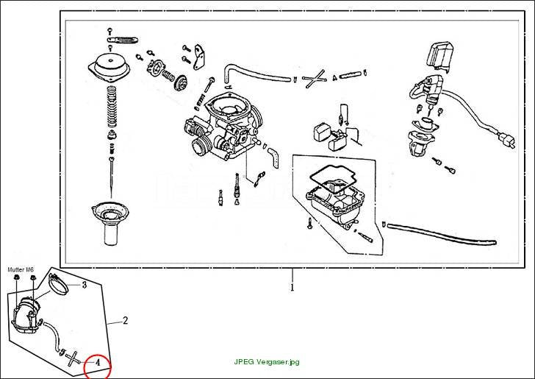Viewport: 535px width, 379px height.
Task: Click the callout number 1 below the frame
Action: pyautogui.click(x=292, y=288)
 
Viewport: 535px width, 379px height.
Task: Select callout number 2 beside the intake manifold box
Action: pyautogui.click(x=125, y=321)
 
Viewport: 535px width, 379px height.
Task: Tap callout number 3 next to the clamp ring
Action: pyautogui.click(x=85, y=285)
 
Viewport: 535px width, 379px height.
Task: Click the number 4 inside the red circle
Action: pyautogui.click(x=98, y=362)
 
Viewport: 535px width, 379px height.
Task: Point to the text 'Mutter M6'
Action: pyautogui.click(x=21, y=269)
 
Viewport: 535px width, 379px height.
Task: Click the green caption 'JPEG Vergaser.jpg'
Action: pyautogui.click(x=267, y=362)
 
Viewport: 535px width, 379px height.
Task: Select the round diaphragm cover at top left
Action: pyautogui.click(x=109, y=68)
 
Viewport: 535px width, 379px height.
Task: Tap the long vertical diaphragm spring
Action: pyautogui.click(x=112, y=107)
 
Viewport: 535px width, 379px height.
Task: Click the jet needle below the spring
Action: pyautogui.click(x=111, y=177)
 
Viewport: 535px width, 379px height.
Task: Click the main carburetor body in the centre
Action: pyautogui.click(x=223, y=127)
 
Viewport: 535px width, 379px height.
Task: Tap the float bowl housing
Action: pyautogui.click(x=336, y=207)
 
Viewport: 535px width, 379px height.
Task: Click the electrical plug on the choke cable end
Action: pyautogui.click(x=507, y=139)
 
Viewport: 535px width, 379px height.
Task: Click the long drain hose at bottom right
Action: pyautogui.click(x=440, y=233)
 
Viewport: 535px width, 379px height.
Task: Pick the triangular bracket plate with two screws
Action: pyautogui.click(x=198, y=57)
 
